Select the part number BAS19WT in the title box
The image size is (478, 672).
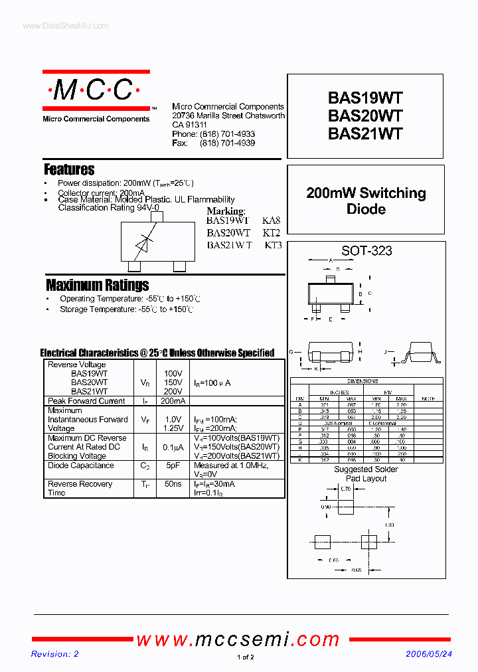[365, 98]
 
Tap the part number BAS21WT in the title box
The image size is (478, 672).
[365, 133]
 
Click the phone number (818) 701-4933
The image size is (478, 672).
[227, 134]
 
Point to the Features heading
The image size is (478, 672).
[69, 169]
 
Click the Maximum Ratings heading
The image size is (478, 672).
[97, 285]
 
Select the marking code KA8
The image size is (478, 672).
[272, 220]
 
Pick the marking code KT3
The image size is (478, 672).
[273, 245]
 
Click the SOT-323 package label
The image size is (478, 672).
[366, 251]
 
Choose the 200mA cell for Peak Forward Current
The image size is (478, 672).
[173, 401]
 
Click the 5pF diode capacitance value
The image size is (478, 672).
[173, 465]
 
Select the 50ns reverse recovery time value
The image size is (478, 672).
[173, 484]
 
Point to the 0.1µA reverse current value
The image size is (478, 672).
[173, 447]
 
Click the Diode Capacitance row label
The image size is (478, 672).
[81, 465]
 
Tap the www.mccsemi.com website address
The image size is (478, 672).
[238, 639]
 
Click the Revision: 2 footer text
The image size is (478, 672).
[55, 654]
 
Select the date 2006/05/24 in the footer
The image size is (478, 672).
[429, 654]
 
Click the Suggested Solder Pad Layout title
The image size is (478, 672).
[366, 474]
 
